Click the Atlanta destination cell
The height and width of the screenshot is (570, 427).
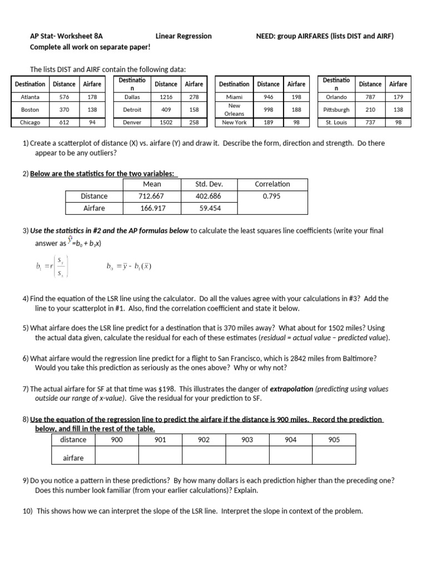pos(30,97)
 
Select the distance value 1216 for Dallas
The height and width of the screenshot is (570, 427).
pos(166,97)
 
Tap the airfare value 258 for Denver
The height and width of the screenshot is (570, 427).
pos(194,122)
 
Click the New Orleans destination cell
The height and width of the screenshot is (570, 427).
pos(234,109)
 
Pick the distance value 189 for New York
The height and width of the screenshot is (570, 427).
pos(268,122)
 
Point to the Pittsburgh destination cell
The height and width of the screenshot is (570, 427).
pos(336,110)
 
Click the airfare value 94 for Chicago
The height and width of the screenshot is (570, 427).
pos(92,122)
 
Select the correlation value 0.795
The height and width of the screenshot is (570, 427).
pos(272,196)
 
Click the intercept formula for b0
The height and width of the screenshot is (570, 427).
pos(128,266)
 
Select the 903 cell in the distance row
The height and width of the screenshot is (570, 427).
pos(247,440)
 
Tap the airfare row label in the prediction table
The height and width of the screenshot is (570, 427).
pos(73,458)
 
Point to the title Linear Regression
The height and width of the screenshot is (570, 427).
pos(183,36)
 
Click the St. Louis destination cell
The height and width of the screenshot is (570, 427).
pos(336,122)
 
